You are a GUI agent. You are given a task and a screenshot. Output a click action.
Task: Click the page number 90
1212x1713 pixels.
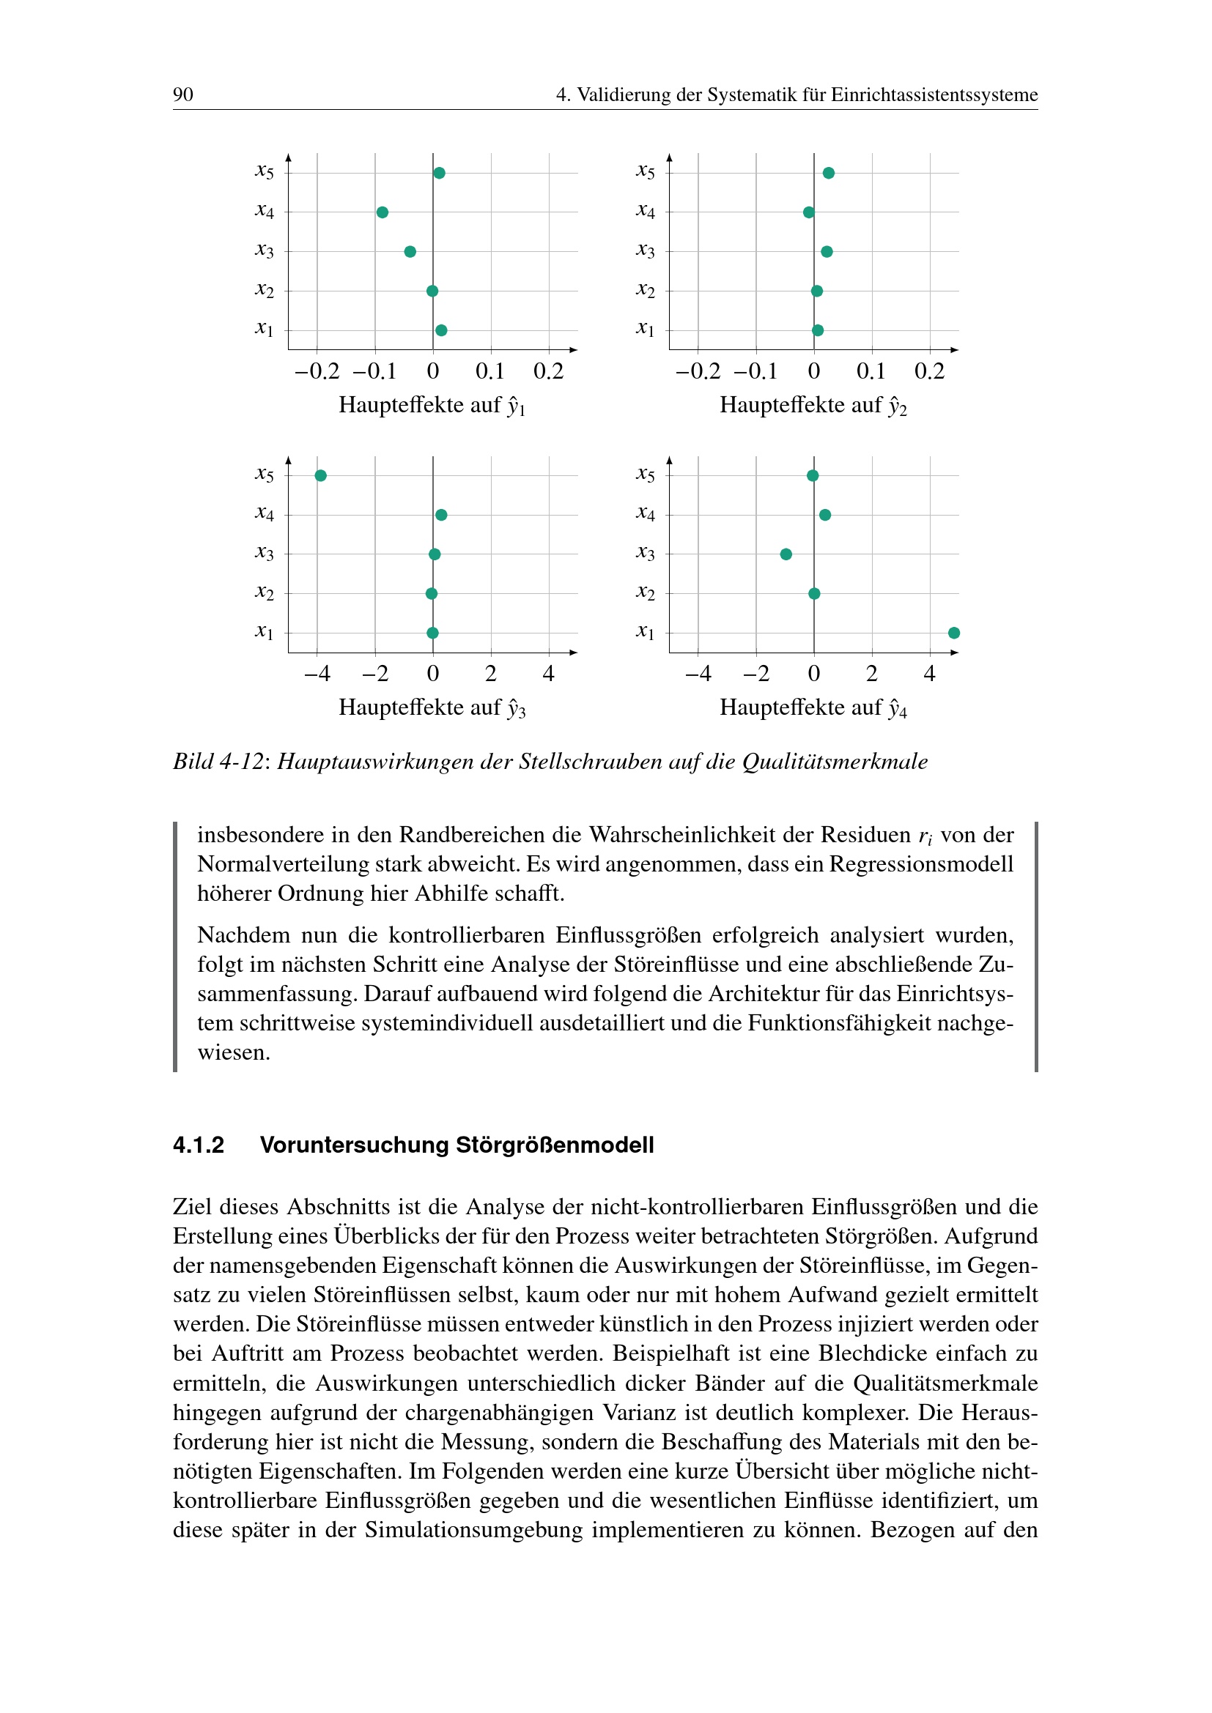tap(183, 94)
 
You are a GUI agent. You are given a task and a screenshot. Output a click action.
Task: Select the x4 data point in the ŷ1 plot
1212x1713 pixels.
tap(382, 212)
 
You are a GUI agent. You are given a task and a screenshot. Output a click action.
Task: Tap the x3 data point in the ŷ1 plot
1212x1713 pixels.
tap(410, 251)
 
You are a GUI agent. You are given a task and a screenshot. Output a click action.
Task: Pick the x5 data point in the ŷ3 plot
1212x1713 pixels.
tap(321, 476)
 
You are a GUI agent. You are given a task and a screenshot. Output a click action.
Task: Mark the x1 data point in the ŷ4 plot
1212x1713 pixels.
tap(954, 633)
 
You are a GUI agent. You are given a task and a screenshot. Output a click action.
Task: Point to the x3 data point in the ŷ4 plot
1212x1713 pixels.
tap(786, 554)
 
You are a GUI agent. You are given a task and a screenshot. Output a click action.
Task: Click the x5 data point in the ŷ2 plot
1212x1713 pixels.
tap(829, 173)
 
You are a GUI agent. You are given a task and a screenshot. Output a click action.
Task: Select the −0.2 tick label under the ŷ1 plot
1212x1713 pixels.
tap(317, 371)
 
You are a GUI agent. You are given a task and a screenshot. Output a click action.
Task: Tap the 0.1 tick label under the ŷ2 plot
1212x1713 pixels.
tap(871, 371)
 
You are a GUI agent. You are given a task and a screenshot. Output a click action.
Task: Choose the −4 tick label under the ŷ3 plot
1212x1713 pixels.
tap(317, 675)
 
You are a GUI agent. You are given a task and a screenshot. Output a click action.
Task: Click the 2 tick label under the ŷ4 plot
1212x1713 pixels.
tap(872, 675)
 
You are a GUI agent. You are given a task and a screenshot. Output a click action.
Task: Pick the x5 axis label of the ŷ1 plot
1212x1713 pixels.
tap(265, 171)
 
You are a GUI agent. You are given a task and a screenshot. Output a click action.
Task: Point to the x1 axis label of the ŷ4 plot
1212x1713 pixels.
tap(645, 632)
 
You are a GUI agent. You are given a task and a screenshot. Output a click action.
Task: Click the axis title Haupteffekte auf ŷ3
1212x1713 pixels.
tap(432, 707)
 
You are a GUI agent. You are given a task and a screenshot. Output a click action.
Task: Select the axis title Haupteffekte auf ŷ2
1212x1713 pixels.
tap(813, 405)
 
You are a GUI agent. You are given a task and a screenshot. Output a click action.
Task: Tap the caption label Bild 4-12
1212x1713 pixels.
tap(218, 762)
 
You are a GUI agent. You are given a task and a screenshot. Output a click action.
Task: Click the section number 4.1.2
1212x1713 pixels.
tap(199, 1145)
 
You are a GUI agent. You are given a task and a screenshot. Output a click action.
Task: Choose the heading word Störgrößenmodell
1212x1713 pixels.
tap(555, 1145)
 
